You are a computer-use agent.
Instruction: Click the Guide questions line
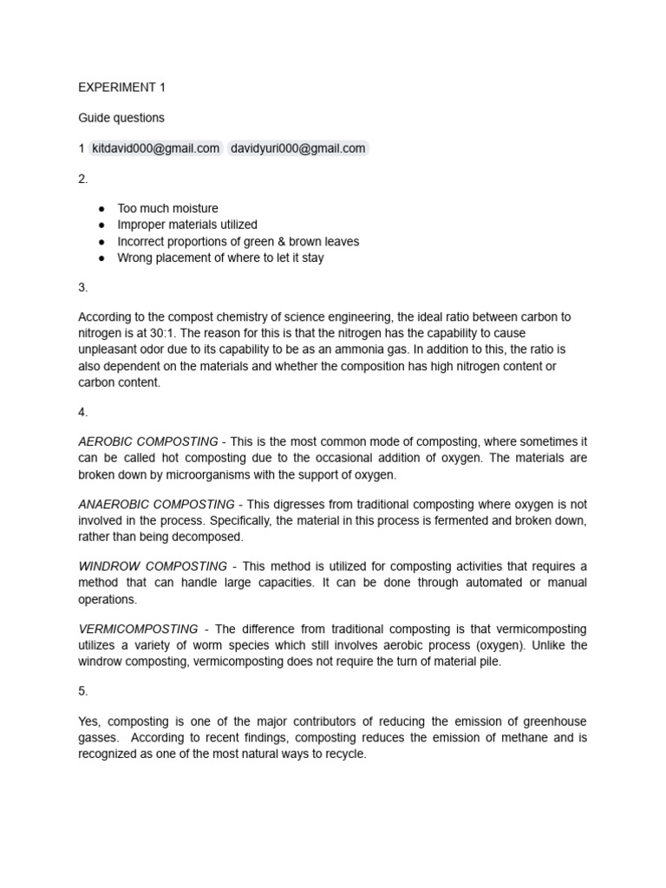pyautogui.click(x=121, y=117)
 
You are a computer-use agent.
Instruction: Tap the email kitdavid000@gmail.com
pyautogui.click(x=155, y=148)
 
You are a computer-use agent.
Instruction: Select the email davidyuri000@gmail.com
pyautogui.click(x=297, y=148)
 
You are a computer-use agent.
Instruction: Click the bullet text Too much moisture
pyautogui.click(x=167, y=208)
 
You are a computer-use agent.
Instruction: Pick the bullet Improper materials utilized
pyautogui.click(x=187, y=225)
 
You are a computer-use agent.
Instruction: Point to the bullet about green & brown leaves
pyautogui.click(x=238, y=241)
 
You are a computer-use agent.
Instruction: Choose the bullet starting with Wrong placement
pyautogui.click(x=220, y=258)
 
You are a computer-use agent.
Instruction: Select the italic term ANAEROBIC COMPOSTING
pyautogui.click(x=156, y=504)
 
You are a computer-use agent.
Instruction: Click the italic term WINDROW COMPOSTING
pyautogui.click(x=153, y=566)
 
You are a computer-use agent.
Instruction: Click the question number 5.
pyautogui.click(x=82, y=691)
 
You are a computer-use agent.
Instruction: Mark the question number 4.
pyautogui.click(x=82, y=412)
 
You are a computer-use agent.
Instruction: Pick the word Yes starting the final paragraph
pyautogui.click(x=89, y=721)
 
